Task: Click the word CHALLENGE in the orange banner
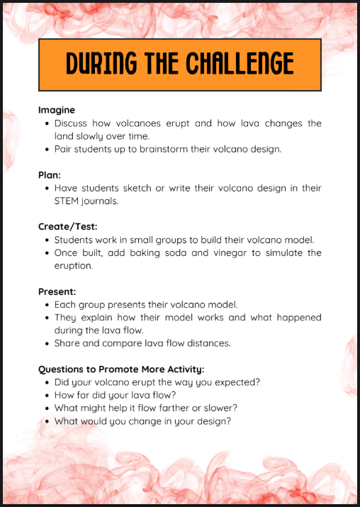pos(240,65)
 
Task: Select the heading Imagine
pos(57,110)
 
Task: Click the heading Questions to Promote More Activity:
pos(121,369)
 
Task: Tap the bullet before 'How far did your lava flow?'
pos(47,395)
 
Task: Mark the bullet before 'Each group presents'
pos(47,305)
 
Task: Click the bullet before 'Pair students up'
pos(47,150)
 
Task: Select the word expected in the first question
pos(235,382)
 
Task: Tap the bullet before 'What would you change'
pos(47,421)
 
